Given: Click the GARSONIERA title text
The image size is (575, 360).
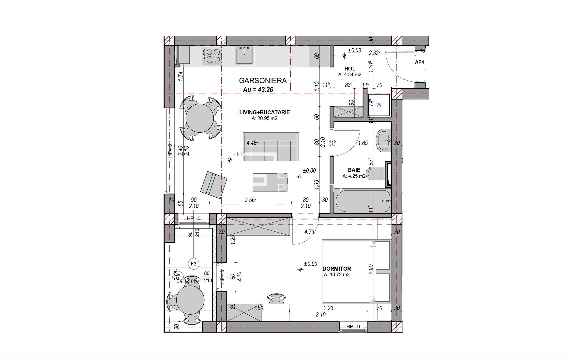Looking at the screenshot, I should pyautogui.click(x=263, y=80).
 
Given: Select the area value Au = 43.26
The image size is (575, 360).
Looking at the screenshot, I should pyautogui.click(x=258, y=89).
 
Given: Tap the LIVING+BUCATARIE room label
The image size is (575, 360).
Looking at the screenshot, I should pyautogui.click(x=264, y=112).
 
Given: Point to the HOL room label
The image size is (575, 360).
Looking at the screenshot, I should pyautogui.click(x=350, y=69).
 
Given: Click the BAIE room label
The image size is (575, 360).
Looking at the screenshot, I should pyautogui.click(x=354, y=170).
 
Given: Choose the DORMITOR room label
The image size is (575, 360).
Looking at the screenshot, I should pyautogui.click(x=337, y=269).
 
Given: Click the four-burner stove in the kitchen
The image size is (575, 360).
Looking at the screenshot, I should pyautogui.click(x=212, y=56).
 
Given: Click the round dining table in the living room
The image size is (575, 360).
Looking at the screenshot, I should pyautogui.click(x=199, y=118).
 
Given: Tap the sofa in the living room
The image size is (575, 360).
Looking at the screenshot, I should pyautogui.click(x=271, y=147).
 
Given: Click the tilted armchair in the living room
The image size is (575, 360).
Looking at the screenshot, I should pyautogui.click(x=214, y=185).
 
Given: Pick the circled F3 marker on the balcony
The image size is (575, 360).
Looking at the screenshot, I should pyautogui.click(x=194, y=264).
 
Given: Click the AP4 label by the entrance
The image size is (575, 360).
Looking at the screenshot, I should pyautogui.click(x=419, y=62).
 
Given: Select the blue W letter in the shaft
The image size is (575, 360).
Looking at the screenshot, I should pyautogui.click(x=379, y=105).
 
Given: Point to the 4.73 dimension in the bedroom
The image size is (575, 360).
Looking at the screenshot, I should pyautogui.click(x=309, y=232).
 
